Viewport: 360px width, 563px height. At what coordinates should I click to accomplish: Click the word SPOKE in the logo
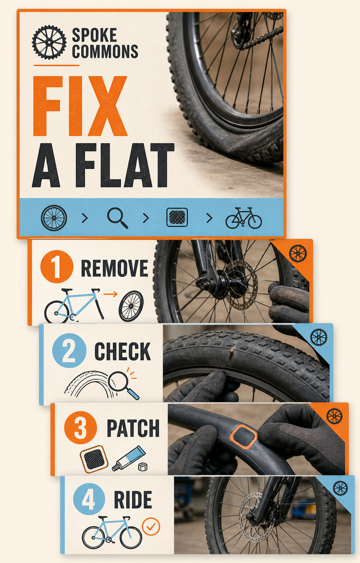tap(94, 35)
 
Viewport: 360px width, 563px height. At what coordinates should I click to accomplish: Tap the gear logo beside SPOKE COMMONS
tap(49, 42)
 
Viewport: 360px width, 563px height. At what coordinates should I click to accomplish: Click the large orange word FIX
tap(80, 106)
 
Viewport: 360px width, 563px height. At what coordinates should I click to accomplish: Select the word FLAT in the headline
tap(125, 166)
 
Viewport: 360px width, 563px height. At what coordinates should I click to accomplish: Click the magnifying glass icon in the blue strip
tap(118, 218)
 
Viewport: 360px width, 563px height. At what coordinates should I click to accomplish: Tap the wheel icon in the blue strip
tap(54, 218)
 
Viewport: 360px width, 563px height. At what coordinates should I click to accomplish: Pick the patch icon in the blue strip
tap(177, 217)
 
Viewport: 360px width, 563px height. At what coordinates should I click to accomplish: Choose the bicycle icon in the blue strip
tap(244, 218)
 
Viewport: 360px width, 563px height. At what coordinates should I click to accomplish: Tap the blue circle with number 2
tap(69, 350)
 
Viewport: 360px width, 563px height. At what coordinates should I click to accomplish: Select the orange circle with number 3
tap(80, 428)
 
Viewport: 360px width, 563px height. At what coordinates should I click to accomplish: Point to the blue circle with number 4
tap(89, 499)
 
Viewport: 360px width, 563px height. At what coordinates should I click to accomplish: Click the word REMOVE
tap(114, 268)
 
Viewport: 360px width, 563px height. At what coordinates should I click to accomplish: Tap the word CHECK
tap(123, 352)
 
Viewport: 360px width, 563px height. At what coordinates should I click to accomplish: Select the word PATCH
tap(133, 428)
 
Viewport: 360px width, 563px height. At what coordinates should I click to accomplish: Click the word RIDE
tap(133, 500)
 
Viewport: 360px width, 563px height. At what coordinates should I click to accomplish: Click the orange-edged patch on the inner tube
tap(244, 437)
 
